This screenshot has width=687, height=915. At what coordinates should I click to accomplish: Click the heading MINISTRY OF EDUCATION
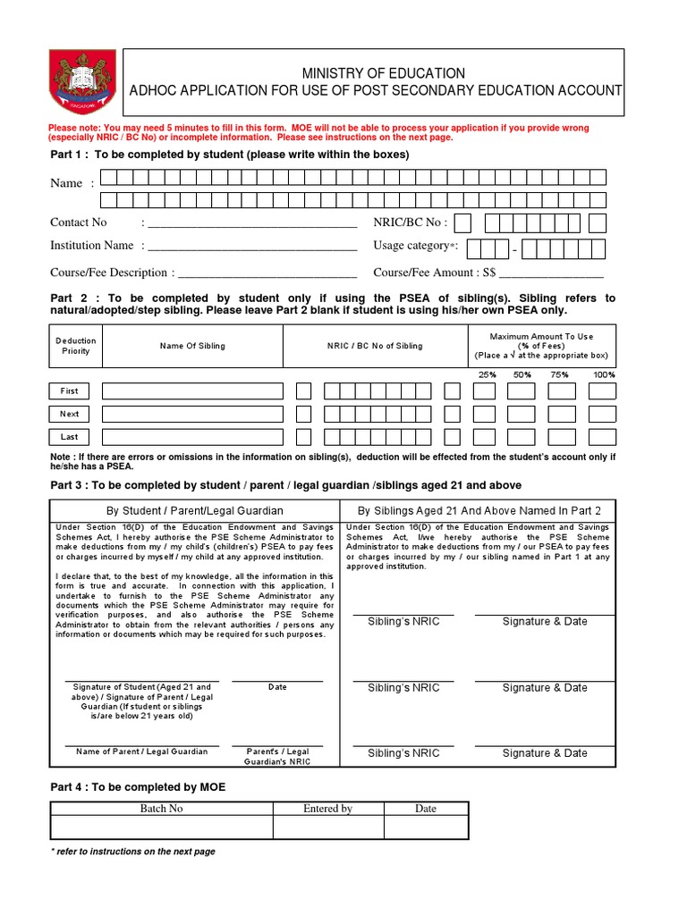coord(383,73)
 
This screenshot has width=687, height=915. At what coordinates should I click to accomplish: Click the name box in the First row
coord(192,390)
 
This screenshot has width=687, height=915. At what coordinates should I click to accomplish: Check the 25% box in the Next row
coord(484,414)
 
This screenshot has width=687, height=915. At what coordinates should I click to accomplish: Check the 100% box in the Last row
coord(602,437)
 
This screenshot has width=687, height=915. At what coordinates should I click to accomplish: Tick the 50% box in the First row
coord(522,390)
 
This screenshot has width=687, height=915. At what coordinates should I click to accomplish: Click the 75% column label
coord(559,374)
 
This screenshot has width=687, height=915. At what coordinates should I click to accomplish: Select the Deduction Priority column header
coord(76,346)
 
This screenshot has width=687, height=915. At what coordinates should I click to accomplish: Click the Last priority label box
coord(70,437)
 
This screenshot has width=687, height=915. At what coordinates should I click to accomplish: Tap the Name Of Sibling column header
coord(192,346)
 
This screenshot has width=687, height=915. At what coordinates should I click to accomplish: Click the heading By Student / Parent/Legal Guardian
coord(195,510)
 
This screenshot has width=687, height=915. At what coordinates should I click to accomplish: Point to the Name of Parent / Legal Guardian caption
coord(142,751)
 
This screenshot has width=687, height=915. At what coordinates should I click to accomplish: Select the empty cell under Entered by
coord(327,827)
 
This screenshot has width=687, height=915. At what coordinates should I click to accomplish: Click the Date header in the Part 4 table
coord(426,809)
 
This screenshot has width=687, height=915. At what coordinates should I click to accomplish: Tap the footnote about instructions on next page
coord(133,852)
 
